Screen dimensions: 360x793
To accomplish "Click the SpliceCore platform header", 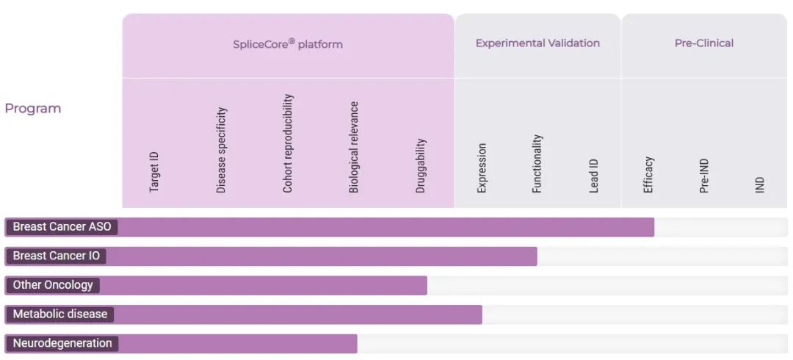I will coord(288,43).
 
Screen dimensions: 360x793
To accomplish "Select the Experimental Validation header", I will coord(537,43).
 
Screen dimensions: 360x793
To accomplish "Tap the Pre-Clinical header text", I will coord(703,43).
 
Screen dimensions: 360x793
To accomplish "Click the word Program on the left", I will coord(33,108).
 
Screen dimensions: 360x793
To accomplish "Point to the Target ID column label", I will coord(154,172).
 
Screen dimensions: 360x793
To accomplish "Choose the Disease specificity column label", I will coord(221,150).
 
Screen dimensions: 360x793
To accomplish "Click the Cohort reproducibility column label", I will coord(288,143).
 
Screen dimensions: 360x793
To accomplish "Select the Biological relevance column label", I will coord(354,147).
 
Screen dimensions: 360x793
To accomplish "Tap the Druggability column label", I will coord(421,165).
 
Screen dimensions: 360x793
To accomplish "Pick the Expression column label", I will coord(482,168).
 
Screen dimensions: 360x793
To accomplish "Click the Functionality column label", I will coord(537,163).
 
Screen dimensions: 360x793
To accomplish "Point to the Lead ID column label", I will coord(594,176).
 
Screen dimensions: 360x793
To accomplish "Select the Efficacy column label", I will coord(648,174).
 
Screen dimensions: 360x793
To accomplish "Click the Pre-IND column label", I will coord(704,174).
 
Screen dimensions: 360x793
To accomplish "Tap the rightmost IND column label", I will coord(760,184).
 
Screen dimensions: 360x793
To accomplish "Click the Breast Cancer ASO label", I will coord(62,227).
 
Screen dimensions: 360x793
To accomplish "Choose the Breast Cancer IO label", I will coord(56,256).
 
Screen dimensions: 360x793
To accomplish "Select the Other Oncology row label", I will coord(53,285).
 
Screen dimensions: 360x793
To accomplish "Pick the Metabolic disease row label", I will coord(59,314).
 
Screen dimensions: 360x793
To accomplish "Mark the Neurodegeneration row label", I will coord(62,343).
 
